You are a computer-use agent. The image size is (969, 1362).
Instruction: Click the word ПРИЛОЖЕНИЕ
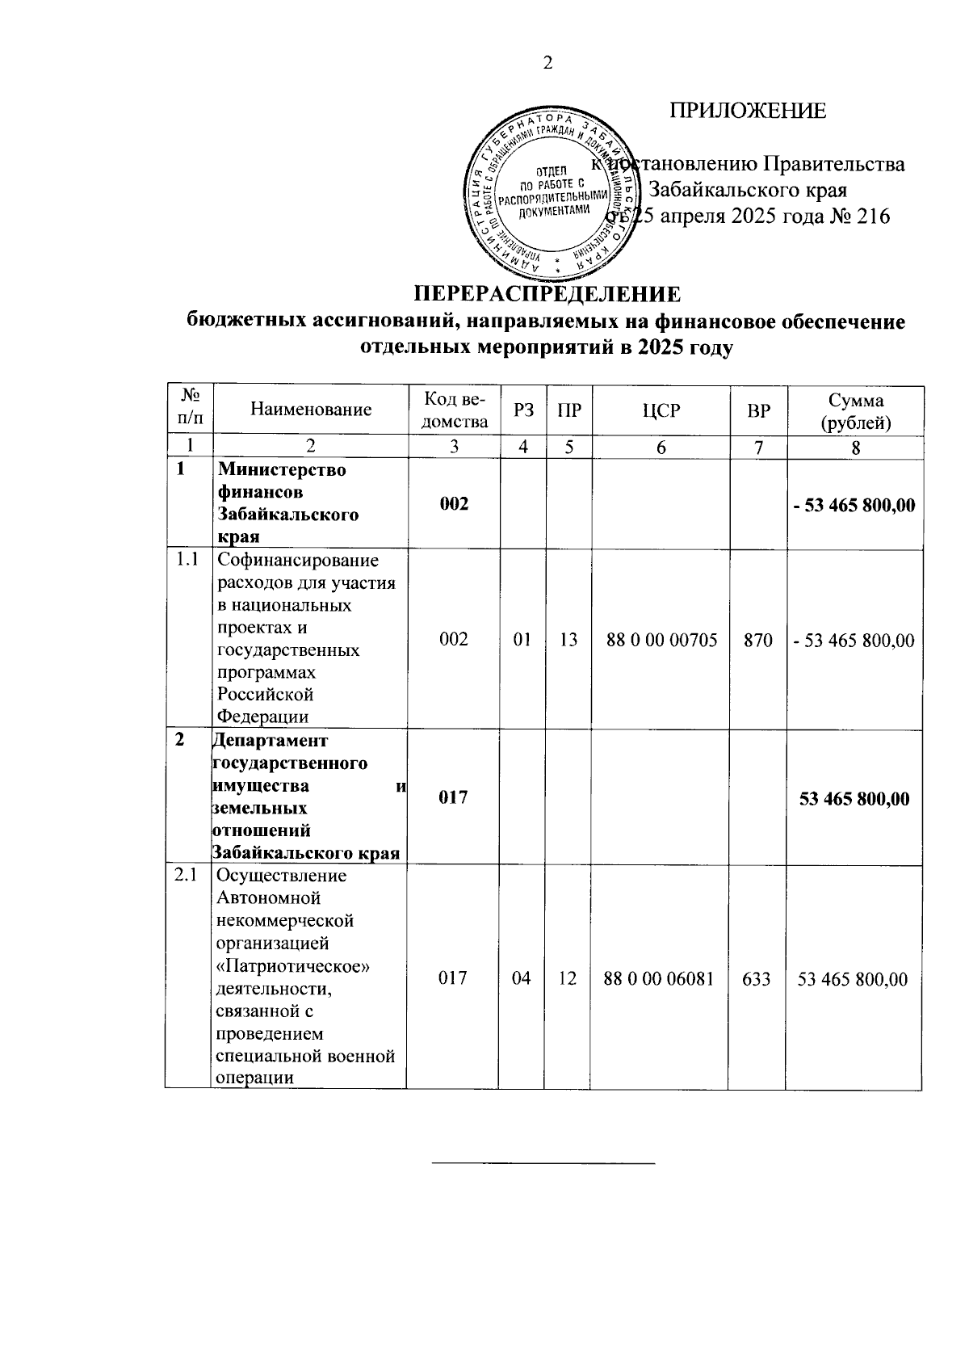748,111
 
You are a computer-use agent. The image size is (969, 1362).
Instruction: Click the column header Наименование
311,410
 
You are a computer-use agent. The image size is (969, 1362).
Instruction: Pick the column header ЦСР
661,410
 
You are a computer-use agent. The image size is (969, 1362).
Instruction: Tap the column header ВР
757,410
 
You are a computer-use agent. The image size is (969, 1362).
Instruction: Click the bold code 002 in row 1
454,504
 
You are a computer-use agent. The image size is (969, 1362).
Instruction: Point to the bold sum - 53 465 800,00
854,506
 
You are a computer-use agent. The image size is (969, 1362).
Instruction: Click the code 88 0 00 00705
661,641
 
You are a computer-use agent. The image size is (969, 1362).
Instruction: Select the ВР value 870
757,641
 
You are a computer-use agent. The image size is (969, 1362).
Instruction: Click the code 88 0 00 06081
660,979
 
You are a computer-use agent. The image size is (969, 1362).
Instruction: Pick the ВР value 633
757,979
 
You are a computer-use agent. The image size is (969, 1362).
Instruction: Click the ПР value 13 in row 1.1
568,641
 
